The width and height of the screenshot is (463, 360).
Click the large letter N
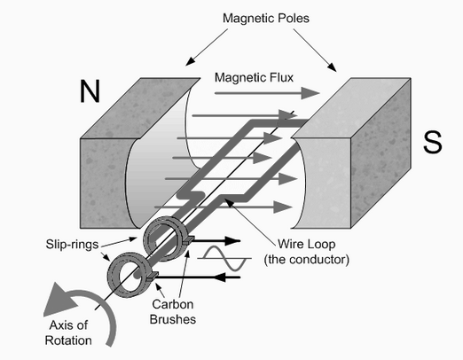(x=90, y=91)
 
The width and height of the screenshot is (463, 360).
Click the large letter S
(x=433, y=142)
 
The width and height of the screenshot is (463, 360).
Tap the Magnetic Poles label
(x=266, y=18)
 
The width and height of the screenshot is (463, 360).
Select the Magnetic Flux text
(x=254, y=77)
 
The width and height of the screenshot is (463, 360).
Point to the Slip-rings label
(x=72, y=245)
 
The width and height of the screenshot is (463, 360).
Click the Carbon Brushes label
(x=173, y=312)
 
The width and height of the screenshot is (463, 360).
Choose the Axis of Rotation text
(x=68, y=333)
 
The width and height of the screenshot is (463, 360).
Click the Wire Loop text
(x=307, y=244)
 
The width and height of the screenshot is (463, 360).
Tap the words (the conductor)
(x=307, y=260)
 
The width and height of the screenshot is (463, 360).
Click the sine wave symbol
(x=224, y=258)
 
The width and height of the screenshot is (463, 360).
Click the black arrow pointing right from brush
(x=216, y=241)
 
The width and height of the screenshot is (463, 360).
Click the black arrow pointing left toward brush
(x=200, y=278)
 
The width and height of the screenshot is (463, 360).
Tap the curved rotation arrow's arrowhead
(x=59, y=300)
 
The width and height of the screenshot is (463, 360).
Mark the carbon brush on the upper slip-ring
(x=188, y=240)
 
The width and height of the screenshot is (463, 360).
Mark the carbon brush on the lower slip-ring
(x=153, y=277)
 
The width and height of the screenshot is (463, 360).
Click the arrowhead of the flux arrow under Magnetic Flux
(x=310, y=93)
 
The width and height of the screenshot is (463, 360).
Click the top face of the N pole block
(x=141, y=108)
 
